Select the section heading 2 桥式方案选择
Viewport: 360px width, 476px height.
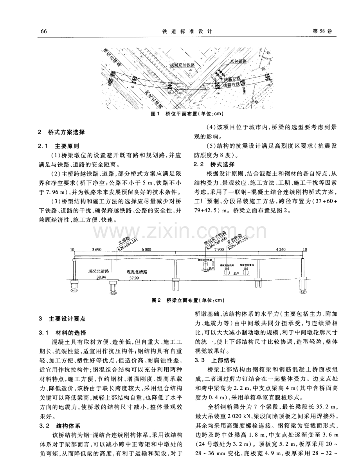pos(64,132)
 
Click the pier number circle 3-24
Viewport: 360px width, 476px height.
pos(113,292)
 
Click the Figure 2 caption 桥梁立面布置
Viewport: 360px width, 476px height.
pos(187,301)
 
